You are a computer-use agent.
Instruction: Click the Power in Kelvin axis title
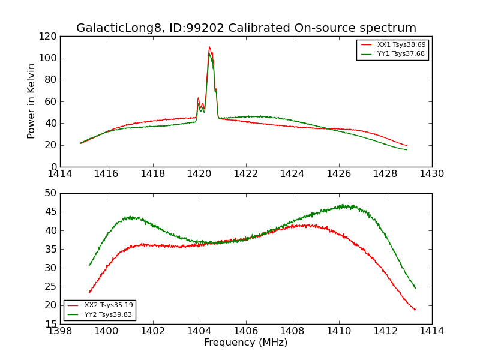coord(32,101)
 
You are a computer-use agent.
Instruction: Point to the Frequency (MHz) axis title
coord(245,343)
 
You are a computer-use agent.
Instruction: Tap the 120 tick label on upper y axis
coord(48,37)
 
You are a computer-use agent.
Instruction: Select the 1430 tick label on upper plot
coord(431,174)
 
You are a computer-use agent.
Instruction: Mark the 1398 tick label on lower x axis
coord(60,331)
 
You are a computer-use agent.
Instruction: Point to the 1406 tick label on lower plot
coord(245,331)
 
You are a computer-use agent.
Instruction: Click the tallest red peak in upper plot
coord(209,47)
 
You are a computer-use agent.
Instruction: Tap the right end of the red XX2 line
coord(415,310)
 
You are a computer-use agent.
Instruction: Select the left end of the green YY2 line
coord(89,265)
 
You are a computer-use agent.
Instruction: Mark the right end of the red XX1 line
coord(407,145)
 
